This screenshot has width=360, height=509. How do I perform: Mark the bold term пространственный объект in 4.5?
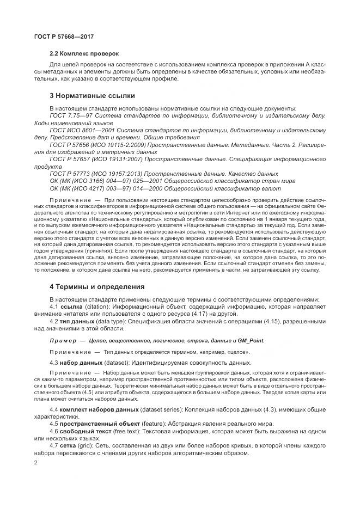(x=100, y=423)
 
